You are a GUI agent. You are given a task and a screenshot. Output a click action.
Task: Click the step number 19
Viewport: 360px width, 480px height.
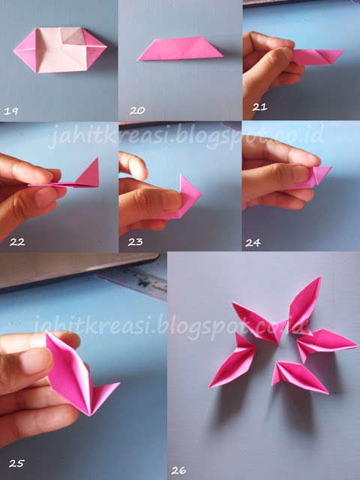tap(11, 111)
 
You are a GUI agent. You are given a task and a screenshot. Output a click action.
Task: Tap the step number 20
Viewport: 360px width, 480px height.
tap(137, 110)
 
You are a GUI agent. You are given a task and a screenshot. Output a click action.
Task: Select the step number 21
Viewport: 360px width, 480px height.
tap(260, 107)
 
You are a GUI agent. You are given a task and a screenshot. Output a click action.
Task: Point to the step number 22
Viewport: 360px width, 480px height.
tap(17, 242)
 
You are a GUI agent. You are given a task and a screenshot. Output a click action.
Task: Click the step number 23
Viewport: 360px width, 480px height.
tap(135, 242)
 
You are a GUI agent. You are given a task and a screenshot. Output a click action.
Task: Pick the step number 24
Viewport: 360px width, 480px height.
tap(253, 243)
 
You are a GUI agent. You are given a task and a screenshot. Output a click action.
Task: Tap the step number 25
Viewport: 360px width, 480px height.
tap(16, 463)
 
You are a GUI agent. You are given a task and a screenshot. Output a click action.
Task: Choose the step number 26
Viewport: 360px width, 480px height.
tap(178, 470)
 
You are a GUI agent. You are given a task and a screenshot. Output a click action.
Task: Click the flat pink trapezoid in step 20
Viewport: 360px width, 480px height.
tap(181, 48)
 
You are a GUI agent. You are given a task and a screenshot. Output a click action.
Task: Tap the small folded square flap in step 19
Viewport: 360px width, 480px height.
tap(72, 36)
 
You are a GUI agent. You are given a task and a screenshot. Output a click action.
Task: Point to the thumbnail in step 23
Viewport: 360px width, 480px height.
tap(170, 200)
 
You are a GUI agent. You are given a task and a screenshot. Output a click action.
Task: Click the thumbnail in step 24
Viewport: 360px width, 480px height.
tap(301, 174)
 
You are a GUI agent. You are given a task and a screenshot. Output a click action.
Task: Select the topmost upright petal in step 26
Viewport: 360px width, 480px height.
tap(304, 305)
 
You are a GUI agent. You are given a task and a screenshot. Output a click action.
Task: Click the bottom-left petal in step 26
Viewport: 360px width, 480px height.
tap(233, 361)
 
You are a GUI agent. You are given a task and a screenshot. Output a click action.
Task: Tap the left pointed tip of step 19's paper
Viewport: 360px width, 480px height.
tap(13, 50)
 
